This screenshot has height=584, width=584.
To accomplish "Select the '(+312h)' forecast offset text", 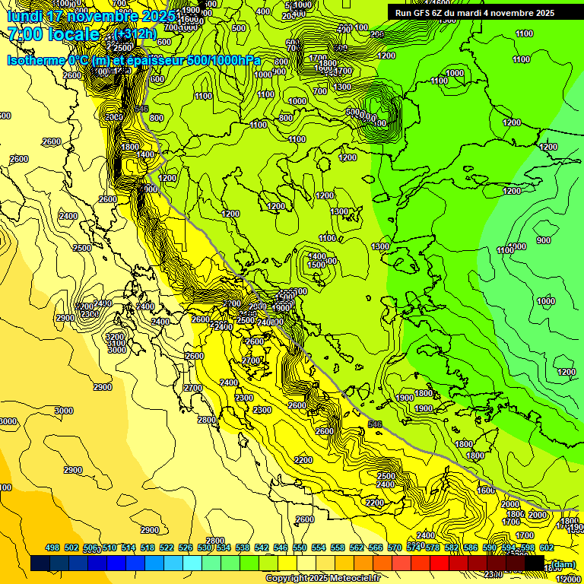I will tap(136, 33).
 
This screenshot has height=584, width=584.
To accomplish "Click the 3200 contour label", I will tap(115, 336).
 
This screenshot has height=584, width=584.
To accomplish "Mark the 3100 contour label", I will tap(116, 343).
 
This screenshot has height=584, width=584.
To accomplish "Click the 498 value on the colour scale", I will tap(52, 547).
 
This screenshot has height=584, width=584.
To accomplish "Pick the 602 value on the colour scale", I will tap(546, 547).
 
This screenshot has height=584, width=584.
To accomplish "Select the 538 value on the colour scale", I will tap(243, 547).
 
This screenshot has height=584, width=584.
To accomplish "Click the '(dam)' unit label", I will tap(563, 563).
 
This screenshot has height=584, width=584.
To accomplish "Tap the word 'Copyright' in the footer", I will tap(287, 579).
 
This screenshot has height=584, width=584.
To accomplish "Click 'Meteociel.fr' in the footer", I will tap(354, 579).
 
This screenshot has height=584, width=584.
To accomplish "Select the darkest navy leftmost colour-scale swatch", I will tap(40, 563).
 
